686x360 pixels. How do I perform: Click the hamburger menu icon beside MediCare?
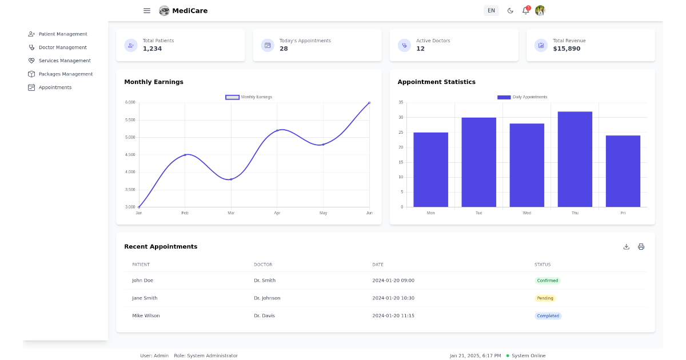point(147,10)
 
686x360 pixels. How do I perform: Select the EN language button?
point(491,10)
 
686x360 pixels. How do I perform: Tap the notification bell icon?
point(525,10)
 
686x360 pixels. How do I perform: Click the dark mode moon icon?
point(510,10)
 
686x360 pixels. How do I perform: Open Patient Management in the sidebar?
point(62,34)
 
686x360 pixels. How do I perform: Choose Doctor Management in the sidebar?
point(62,47)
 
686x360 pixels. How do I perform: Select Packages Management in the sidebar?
point(65,74)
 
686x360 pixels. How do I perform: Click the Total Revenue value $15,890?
point(567,49)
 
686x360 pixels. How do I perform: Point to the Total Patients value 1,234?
point(152,49)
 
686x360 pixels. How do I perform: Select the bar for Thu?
point(575,159)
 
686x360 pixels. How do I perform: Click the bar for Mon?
point(430,170)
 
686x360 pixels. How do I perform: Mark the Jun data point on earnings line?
point(369,103)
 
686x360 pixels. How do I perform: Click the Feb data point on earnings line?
point(185,155)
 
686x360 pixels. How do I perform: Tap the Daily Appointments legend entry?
point(522,97)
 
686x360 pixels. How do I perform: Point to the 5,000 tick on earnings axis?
point(130,137)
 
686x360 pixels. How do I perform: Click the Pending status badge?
point(545,298)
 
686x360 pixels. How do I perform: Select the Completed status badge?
point(548,316)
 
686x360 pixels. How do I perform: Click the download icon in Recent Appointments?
point(626,247)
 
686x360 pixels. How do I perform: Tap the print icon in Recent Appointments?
point(641,247)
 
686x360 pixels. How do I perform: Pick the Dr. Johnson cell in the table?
point(267,298)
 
